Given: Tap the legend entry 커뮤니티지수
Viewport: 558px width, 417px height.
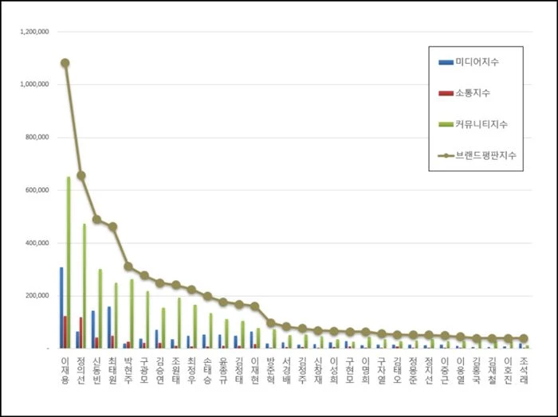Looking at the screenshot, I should click(x=483, y=124).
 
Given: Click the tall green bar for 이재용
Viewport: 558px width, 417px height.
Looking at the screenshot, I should click(x=69, y=263).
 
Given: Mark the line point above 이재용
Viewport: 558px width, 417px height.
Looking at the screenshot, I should click(x=65, y=63).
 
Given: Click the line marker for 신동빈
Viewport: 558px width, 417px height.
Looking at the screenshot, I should click(x=96, y=219).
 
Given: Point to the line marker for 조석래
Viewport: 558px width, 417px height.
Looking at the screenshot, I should click(x=524, y=338).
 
